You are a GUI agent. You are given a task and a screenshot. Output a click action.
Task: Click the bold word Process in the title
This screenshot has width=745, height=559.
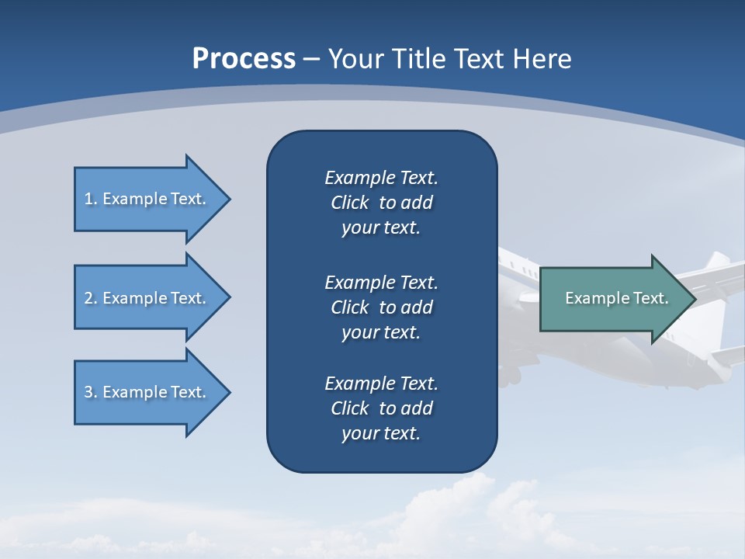pyautogui.click(x=244, y=59)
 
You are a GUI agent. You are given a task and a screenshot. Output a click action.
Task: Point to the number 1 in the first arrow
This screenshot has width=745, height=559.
pyautogui.click(x=88, y=199)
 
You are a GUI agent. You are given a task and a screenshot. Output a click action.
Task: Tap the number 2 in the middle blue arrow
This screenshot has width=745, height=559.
pyautogui.click(x=88, y=298)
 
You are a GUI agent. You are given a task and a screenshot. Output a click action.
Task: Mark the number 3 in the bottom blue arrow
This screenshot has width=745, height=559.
pyautogui.click(x=88, y=392)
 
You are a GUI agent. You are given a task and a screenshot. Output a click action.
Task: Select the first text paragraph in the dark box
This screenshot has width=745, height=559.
pyautogui.click(x=381, y=203)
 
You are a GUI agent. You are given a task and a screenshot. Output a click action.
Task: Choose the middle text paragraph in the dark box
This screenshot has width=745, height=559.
pyautogui.click(x=381, y=307)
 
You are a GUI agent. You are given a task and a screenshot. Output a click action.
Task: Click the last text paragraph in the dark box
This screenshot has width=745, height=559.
pyautogui.click(x=381, y=408)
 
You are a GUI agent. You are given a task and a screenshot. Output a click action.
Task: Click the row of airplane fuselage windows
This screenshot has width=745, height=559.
pyautogui.click(x=520, y=271)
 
